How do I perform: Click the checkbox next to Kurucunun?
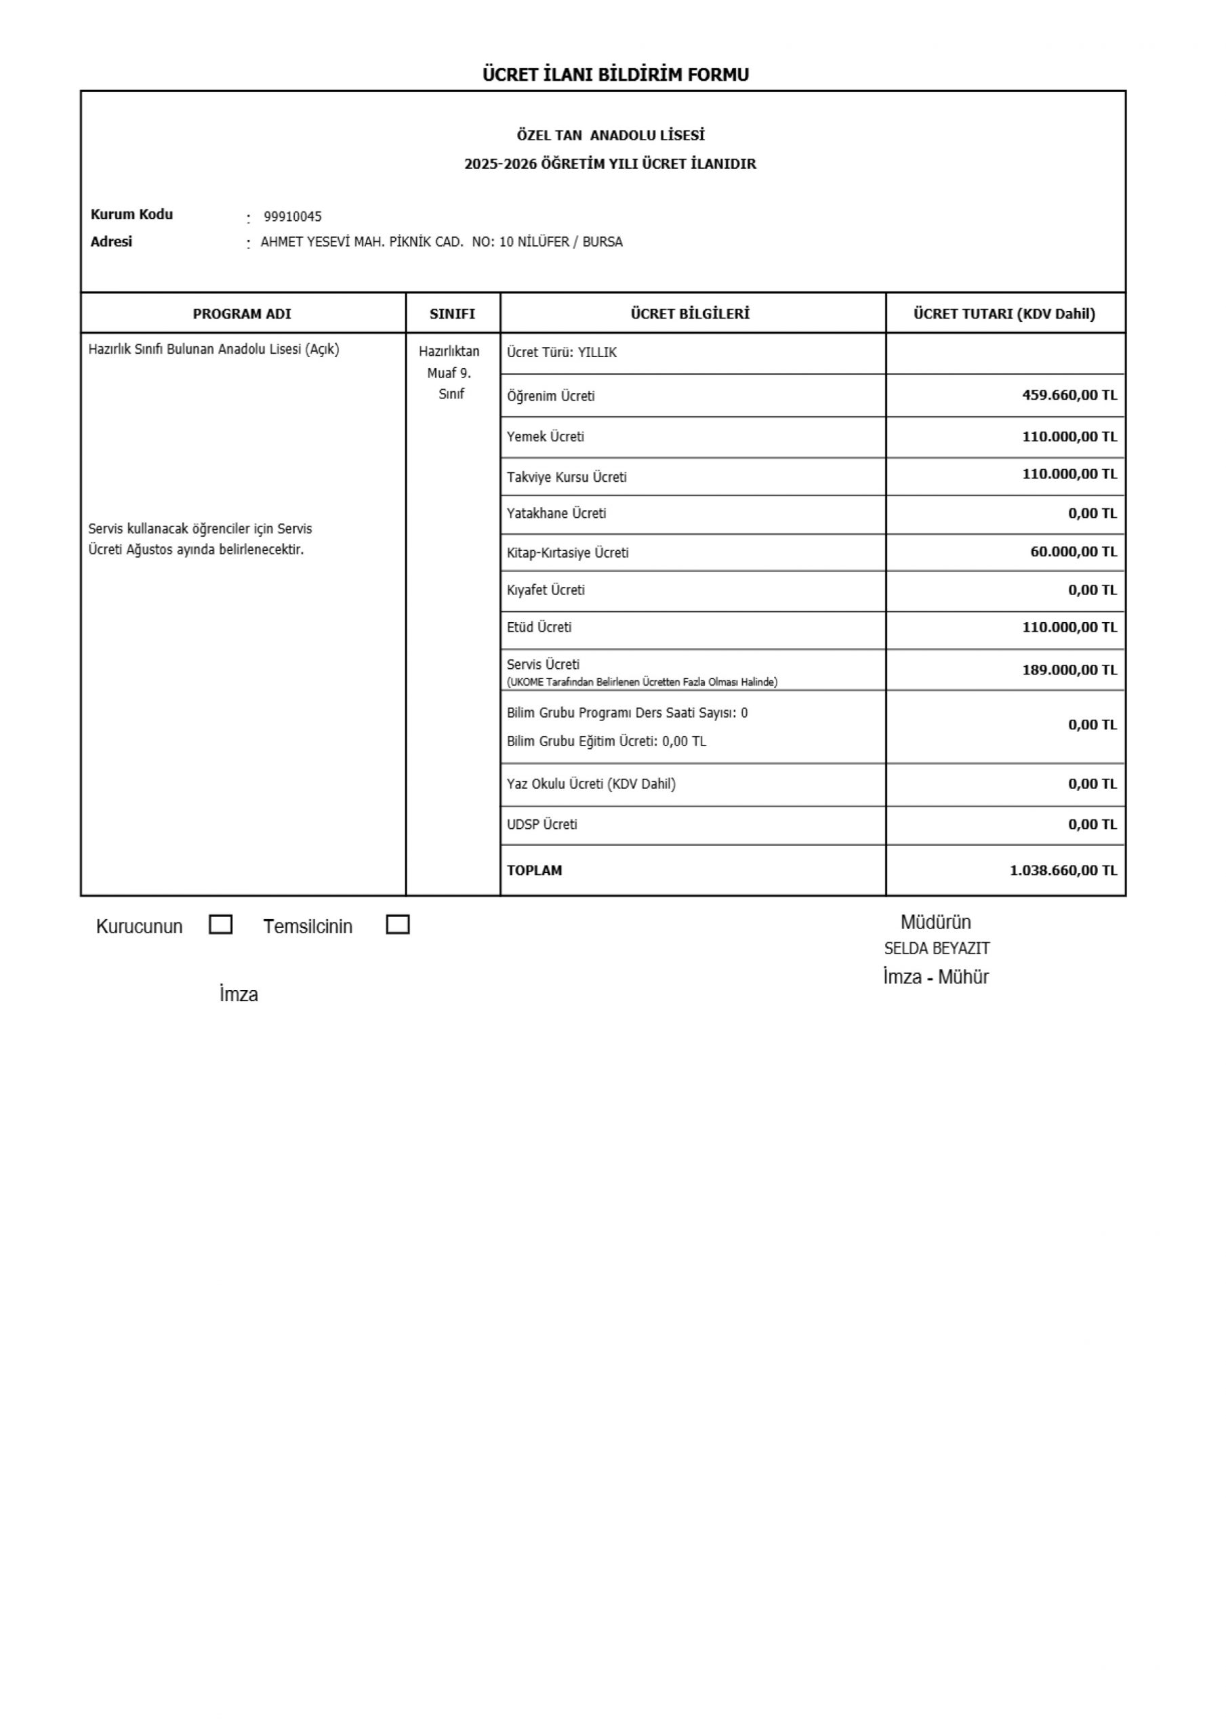pyautogui.click(x=220, y=924)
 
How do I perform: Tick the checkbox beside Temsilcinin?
pyautogui.click(x=398, y=924)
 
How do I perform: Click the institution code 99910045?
pyautogui.click(x=293, y=217)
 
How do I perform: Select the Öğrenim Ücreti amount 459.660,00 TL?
pyautogui.click(x=1069, y=394)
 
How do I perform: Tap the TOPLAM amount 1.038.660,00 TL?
pyautogui.click(x=1063, y=870)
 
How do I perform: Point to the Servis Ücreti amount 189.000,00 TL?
pyautogui.click(x=1069, y=670)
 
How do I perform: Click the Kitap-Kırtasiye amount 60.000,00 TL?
pyautogui.click(x=1074, y=552)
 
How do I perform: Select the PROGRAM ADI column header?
pyautogui.click(x=242, y=314)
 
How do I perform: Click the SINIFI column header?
pyautogui.click(x=452, y=314)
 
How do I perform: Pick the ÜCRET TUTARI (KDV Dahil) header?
pyautogui.click(x=1004, y=314)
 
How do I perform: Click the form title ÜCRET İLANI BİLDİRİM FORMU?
pyautogui.click(x=615, y=75)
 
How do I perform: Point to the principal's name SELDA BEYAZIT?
pyautogui.click(x=937, y=948)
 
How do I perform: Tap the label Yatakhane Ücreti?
pyautogui.click(x=556, y=514)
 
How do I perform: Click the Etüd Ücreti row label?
pyautogui.click(x=539, y=627)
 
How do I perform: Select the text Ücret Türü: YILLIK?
pyautogui.click(x=562, y=353)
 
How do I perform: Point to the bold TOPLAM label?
pyautogui.click(x=535, y=870)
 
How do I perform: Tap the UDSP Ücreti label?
pyautogui.click(x=542, y=824)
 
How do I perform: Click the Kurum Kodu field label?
pyautogui.click(x=131, y=215)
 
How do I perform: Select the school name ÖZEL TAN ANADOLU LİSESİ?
pyautogui.click(x=611, y=136)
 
